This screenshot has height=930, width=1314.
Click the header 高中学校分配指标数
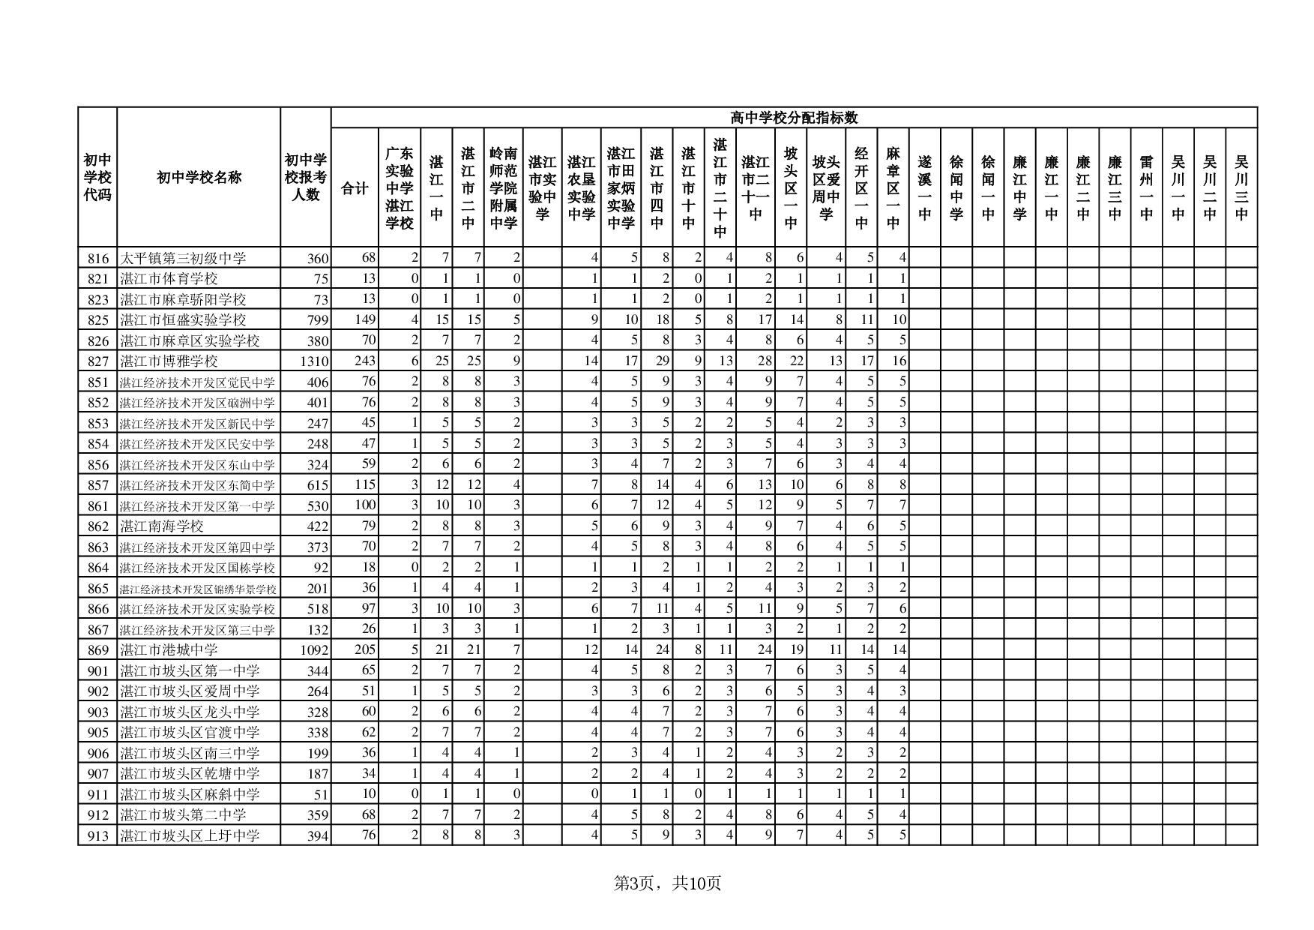[x=794, y=118]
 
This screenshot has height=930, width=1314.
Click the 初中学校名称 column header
[x=199, y=178]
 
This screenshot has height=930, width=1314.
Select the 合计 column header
[x=355, y=188]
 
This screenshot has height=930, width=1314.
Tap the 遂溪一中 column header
[x=924, y=187]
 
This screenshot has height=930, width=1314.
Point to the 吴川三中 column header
[x=1241, y=187]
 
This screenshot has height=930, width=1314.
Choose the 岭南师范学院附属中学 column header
[x=503, y=187]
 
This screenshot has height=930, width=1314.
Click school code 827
[x=98, y=361]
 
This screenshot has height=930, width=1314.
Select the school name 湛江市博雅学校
[x=169, y=361]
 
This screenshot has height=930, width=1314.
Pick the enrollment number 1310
[x=314, y=361]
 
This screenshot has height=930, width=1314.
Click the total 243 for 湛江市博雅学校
[x=364, y=361]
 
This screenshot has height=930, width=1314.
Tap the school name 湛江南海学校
[x=162, y=526]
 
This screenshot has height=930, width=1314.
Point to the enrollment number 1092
[x=314, y=650]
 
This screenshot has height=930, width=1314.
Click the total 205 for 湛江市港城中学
[x=364, y=649]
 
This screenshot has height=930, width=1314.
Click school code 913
[x=98, y=835]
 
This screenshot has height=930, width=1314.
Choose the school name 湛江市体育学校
[x=169, y=279]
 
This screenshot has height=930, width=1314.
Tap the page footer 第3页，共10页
[x=667, y=883]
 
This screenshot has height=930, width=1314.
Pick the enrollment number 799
[x=318, y=320]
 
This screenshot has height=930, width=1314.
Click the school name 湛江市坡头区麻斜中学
[x=190, y=794]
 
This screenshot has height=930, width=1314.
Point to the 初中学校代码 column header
[x=97, y=178]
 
